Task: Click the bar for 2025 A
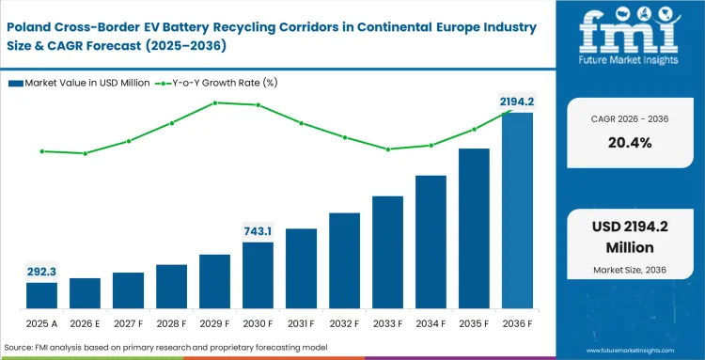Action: [41, 295]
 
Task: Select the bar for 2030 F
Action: [258, 275]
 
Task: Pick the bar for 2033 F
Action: [387, 253]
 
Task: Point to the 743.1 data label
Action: [258, 230]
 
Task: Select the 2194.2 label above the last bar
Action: [516, 101]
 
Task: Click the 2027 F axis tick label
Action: [128, 322]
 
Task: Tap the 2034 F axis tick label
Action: [431, 322]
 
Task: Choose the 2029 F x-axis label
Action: [214, 322]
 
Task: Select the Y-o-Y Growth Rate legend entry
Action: [219, 83]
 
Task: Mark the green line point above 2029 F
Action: [214, 102]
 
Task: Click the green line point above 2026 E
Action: [85, 153]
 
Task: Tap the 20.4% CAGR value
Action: [629, 143]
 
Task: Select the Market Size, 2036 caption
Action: [629, 271]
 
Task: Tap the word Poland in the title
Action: [32, 23]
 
